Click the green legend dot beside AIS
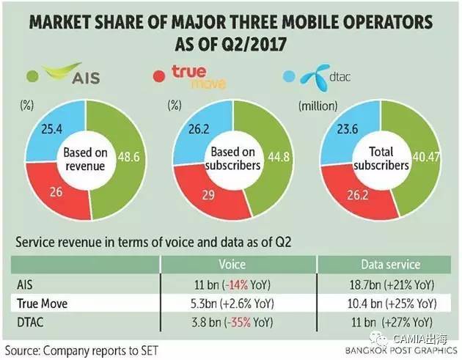point(32,76)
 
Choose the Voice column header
point(231,262)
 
